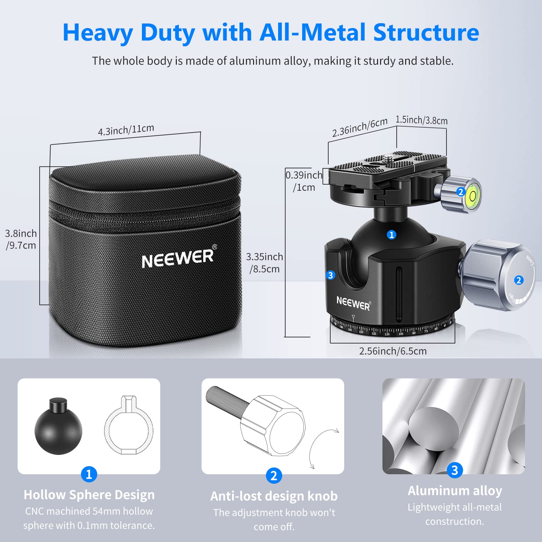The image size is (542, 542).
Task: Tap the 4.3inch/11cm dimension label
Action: tap(126, 130)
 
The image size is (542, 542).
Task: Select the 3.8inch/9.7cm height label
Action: tap(21, 239)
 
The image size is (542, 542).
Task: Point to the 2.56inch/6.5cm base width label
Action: tap(393, 351)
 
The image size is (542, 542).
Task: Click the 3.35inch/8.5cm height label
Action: tap(265, 263)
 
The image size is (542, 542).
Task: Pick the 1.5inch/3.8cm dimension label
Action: tap(421, 120)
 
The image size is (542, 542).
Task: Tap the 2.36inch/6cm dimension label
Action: tap(359, 127)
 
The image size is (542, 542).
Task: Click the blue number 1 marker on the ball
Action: tap(392, 235)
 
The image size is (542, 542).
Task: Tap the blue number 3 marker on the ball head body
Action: tap(331, 275)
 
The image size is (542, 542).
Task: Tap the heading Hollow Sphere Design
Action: tap(89, 495)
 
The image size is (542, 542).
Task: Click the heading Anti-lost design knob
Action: tap(274, 496)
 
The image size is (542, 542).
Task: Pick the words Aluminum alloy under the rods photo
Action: tap(455, 491)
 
